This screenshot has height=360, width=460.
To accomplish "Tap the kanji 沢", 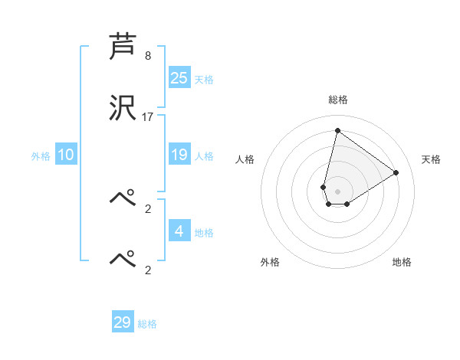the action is [123, 108].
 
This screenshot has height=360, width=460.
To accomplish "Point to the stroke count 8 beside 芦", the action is [148, 56].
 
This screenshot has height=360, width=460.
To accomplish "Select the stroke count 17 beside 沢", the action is [148, 117].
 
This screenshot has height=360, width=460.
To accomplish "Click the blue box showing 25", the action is [179, 78].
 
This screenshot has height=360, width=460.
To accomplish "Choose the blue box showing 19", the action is [179, 155].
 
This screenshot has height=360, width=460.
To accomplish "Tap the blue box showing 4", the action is [179, 232].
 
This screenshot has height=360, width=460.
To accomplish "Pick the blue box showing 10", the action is [66, 155].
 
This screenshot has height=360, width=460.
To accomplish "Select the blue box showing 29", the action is [123, 322].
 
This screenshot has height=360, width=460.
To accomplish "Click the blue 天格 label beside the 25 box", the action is [204, 80].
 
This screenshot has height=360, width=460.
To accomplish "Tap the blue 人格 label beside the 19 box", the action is [204, 156].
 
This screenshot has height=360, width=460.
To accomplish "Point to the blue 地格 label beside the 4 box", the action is [204, 233].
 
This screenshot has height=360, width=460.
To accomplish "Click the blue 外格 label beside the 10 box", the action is [41, 156].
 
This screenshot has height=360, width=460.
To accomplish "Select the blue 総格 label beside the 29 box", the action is [147, 324].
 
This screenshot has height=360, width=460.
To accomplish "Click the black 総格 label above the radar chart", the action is [337, 100].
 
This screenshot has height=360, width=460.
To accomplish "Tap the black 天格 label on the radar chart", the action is [432, 159].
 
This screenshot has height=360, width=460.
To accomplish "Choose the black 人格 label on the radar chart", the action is [245, 159].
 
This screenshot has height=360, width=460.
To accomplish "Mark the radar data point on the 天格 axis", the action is [396, 172].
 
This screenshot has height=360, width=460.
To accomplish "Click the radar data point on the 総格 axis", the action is [337, 130].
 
